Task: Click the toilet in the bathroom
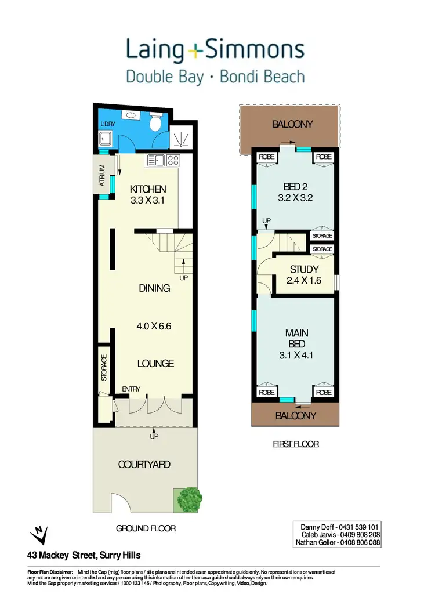pos(155,123)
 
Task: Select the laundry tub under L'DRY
pos(106,139)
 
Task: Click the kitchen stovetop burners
pos(173,161)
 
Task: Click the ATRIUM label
pos(102,175)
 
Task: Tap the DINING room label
pos(154,288)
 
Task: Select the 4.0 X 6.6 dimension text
pos(154,326)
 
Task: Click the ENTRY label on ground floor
pos(131,389)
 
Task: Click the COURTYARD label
pos(145,465)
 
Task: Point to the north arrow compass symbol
pos(38,533)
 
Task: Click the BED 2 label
pos(295,186)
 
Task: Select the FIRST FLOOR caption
pos(296,444)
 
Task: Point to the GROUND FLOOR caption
pos(146,528)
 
